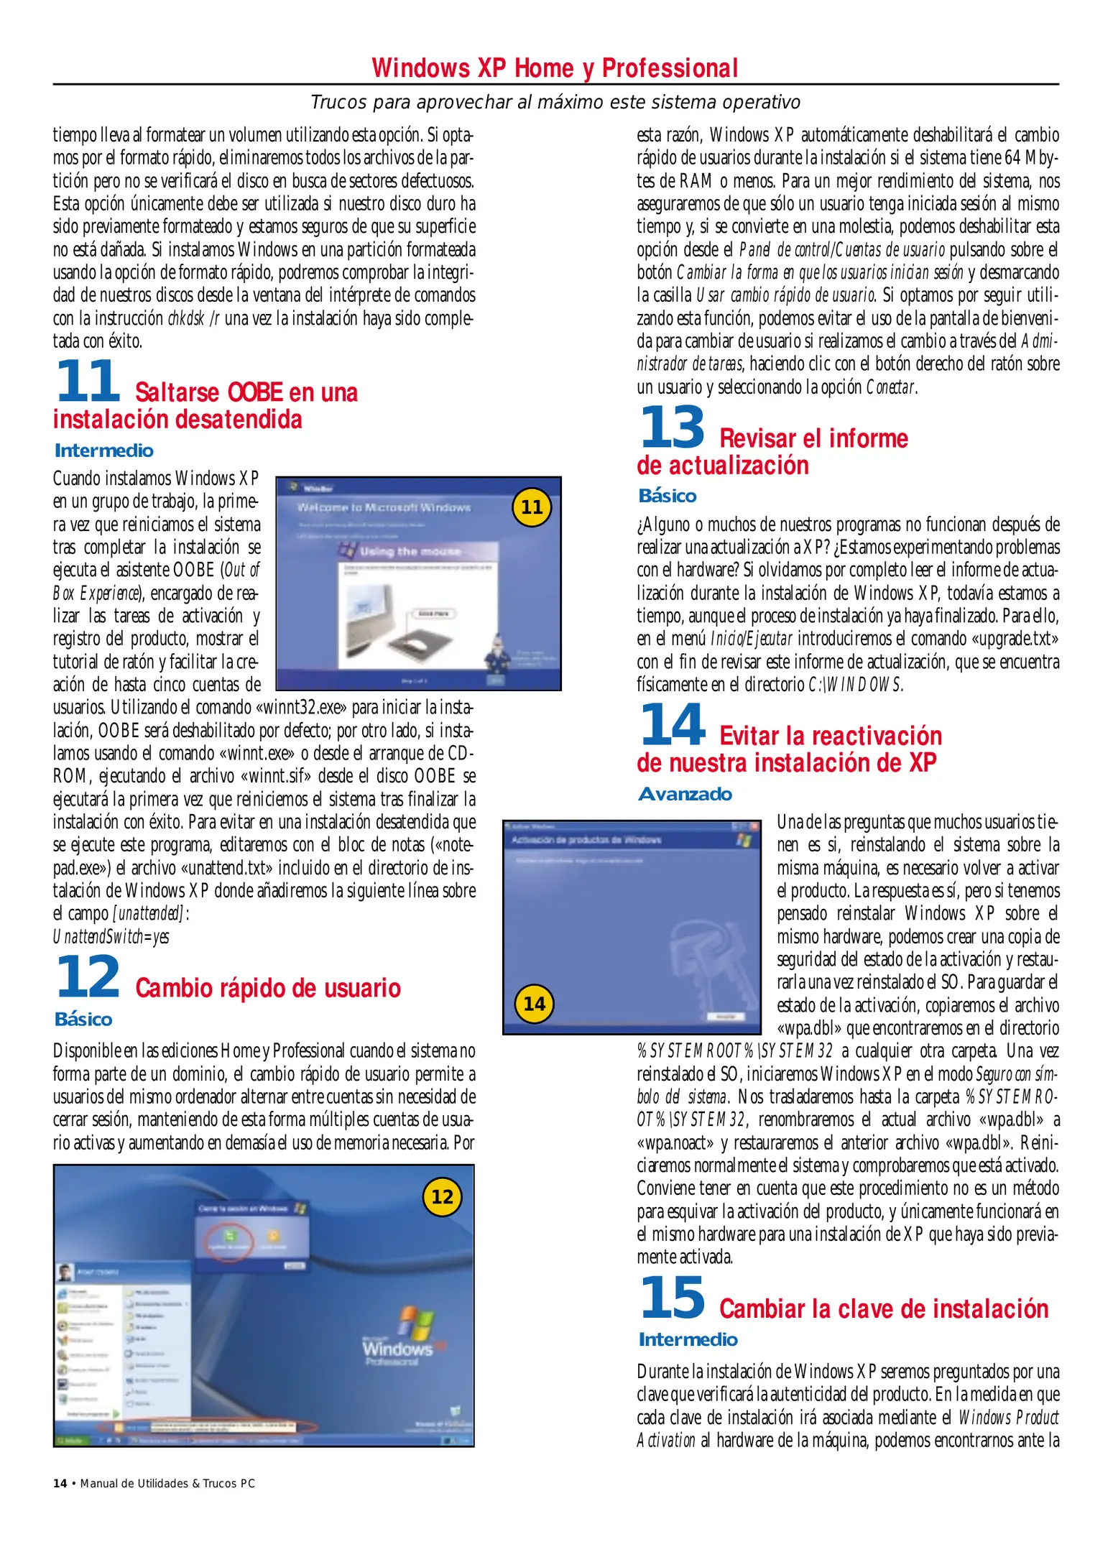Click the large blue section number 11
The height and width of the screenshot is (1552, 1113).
point(88,382)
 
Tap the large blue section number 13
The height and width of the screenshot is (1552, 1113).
point(672,428)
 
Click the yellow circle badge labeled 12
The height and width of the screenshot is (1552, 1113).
point(442,1197)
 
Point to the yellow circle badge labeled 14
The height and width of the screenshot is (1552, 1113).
point(534,1004)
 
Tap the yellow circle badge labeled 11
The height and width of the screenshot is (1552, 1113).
point(532,507)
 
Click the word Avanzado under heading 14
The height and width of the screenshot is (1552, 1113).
point(685,794)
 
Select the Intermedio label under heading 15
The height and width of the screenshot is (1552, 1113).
point(688,1339)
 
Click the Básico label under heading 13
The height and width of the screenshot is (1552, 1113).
point(668,496)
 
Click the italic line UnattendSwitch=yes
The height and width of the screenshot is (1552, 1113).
point(111,937)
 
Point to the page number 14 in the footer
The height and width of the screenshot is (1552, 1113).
point(60,1484)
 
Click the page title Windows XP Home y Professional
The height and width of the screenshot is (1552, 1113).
point(555,68)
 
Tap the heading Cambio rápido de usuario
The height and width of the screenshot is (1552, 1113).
point(268,988)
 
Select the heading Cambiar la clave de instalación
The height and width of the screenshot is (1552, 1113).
point(884,1309)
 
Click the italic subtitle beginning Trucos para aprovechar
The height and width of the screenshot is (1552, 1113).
point(555,102)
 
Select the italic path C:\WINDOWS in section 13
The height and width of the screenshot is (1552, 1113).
point(855,685)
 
